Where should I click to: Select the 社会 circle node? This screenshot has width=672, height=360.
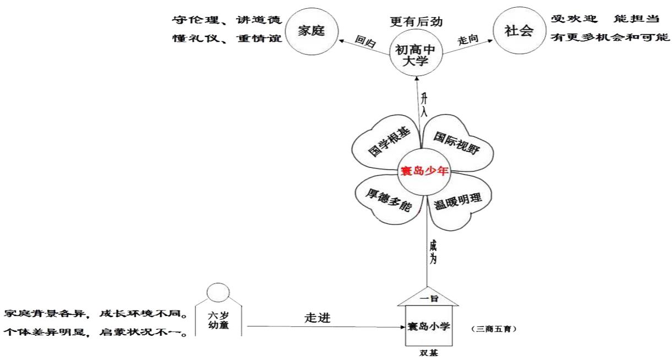click(518, 31)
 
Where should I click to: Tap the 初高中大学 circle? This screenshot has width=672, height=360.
click(416, 54)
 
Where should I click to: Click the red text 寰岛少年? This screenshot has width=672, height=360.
click(423, 171)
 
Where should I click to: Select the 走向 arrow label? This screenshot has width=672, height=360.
click(466, 41)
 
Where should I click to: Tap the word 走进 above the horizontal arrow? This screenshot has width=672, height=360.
click(318, 318)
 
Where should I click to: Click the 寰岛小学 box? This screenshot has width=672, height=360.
click(428, 326)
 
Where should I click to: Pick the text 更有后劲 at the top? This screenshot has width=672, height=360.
click(416, 23)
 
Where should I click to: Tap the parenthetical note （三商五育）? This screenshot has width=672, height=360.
click(494, 329)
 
